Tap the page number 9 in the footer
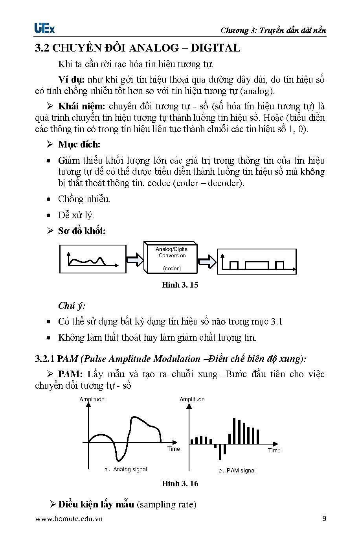pos(324,518)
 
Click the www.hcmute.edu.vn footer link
pos(69,519)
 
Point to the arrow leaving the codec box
pos(207,261)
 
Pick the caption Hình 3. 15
pos(180,285)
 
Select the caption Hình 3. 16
pos(180,483)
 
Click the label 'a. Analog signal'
pos(126,469)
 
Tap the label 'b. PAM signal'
pos(237,470)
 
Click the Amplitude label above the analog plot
pos(92,399)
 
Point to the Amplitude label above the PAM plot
pos(192,399)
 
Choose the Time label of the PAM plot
pos(274,450)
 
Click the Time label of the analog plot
pos(173,449)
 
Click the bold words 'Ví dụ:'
pos(71,79)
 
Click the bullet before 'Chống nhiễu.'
pos(49,199)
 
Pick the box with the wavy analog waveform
pos(93,259)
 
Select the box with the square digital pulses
pos(257,261)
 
